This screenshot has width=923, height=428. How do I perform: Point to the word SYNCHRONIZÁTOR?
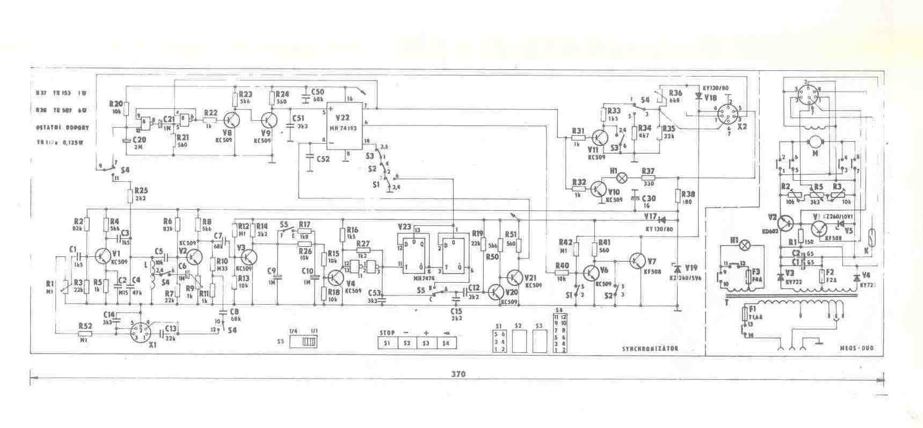650,349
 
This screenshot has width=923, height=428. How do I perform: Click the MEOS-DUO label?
857,349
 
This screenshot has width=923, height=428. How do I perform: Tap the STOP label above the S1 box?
387,333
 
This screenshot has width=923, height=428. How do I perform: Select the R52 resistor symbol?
85,333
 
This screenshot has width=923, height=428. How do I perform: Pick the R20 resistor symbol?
125,109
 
